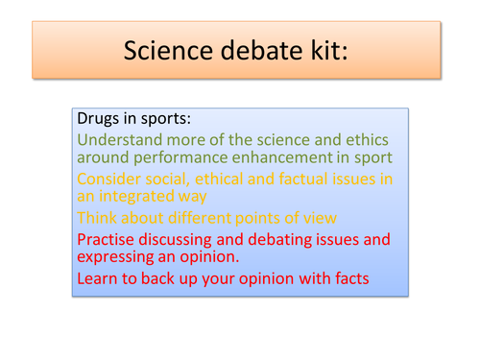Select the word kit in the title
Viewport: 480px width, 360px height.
(x=324, y=51)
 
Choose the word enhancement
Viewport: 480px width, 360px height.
(x=248, y=157)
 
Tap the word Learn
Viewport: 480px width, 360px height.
(x=97, y=278)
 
